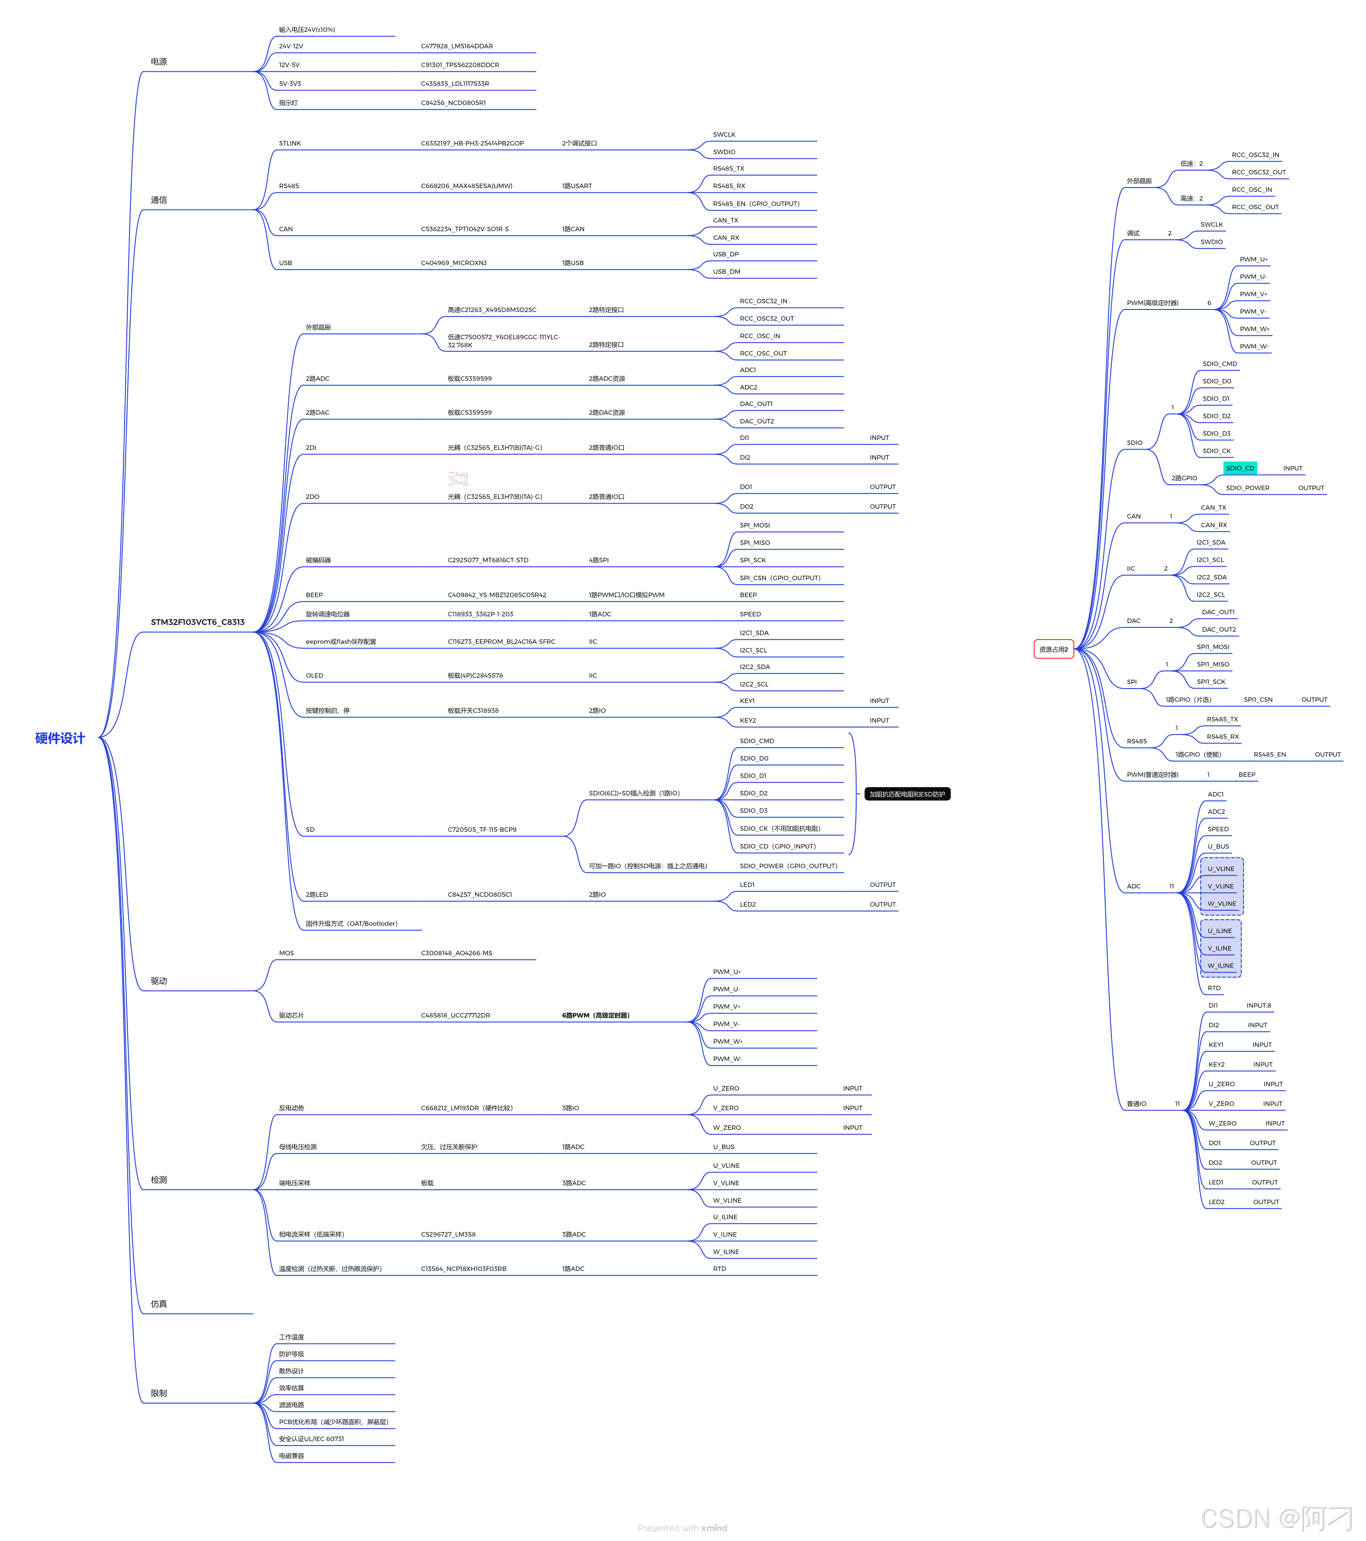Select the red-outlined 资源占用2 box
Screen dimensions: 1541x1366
point(1053,649)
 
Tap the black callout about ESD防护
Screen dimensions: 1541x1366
point(907,794)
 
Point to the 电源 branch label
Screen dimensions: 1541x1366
point(159,62)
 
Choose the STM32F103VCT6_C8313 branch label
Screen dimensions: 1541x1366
point(197,622)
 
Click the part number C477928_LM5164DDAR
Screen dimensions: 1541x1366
point(457,46)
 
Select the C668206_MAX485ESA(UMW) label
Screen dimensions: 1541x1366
point(467,185)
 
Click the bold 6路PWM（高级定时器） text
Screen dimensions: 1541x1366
point(596,1015)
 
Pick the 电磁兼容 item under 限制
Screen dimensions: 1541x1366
point(292,1456)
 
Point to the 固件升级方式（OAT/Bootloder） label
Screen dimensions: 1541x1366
point(351,923)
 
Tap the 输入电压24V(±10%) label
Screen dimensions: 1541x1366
point(307,29)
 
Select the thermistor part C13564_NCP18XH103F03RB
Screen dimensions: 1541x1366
point(464,1269)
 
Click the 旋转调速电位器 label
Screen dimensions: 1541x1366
point(328,614)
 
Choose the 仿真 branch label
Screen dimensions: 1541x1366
point(159,1303)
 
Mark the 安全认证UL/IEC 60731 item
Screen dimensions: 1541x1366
point(311,1438)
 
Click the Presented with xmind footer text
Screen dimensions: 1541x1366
point(682,1528)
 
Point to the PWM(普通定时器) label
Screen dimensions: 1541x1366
point(1152,774)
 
